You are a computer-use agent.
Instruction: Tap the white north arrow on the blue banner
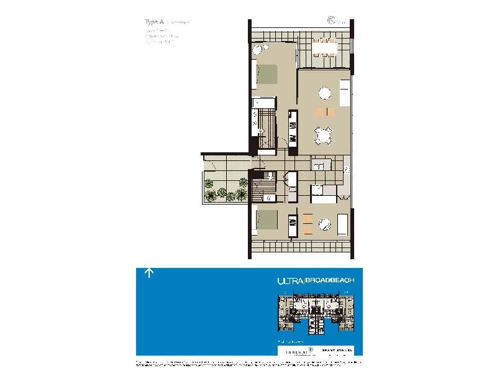(149, 272)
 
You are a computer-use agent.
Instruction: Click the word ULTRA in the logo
(289, 281)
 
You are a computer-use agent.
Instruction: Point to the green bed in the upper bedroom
(266, 74)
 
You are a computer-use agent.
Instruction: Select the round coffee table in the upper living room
(325, 94)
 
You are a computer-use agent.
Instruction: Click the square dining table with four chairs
(323, 135)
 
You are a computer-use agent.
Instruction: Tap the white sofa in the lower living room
(342, 223)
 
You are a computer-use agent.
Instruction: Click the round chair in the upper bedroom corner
(258, 49)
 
